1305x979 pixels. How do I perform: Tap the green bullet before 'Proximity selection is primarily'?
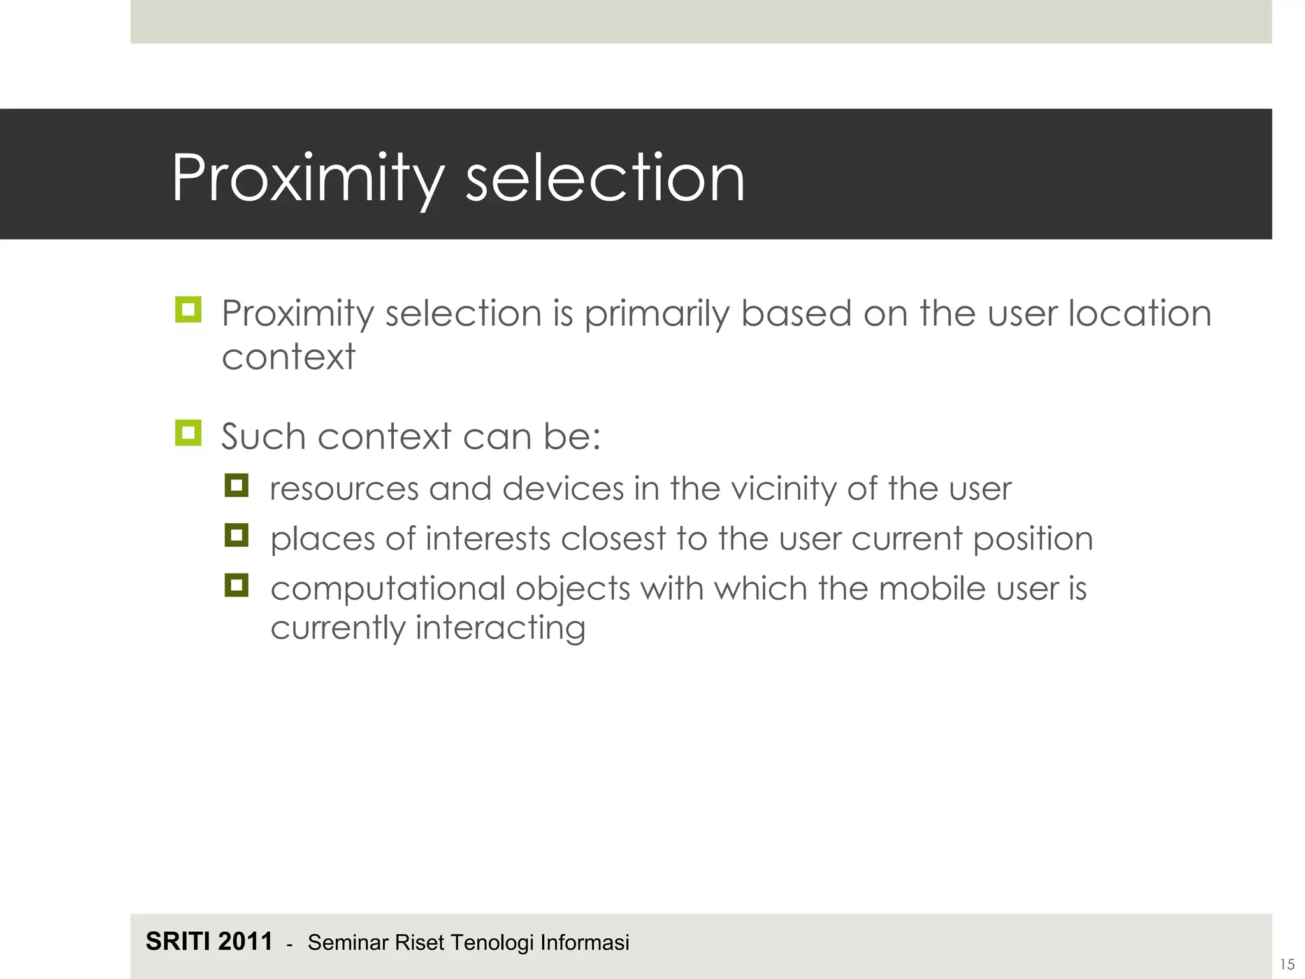[188, 310]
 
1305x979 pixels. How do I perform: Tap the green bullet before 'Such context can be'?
[188, 433]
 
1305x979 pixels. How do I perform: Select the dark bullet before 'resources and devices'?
[236, 486]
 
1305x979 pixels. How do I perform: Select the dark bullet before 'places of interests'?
[236, 535]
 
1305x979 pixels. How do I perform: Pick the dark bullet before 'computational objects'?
[236, 585]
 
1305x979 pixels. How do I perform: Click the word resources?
[343, 489]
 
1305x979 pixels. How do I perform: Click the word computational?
[387, 588]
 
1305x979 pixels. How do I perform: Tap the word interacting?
[500, 628]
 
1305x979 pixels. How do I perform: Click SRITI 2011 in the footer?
[209, 941]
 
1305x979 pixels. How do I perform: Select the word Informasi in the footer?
[584, 942]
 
